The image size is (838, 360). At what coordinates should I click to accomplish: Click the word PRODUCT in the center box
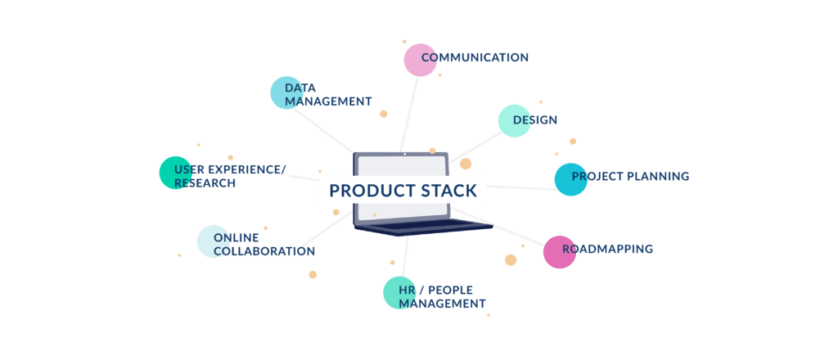tap(364, 191)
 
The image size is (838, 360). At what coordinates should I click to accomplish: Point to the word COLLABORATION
tap(264, 251)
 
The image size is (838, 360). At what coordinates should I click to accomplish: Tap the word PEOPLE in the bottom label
tap(450, 290)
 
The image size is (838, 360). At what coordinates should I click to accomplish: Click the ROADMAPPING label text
tap(607, 249)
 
